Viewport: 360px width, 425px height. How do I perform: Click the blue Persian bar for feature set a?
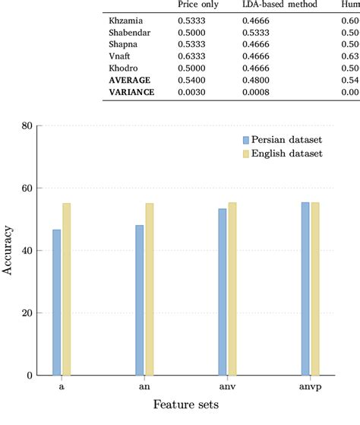point(56,302)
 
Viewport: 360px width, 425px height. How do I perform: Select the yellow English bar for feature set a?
point(66,289)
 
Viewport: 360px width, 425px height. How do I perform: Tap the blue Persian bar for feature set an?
point(139,300)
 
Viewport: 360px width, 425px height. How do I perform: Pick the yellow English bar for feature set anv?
point(232,289)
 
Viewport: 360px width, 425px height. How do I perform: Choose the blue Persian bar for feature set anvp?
point(305,289)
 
